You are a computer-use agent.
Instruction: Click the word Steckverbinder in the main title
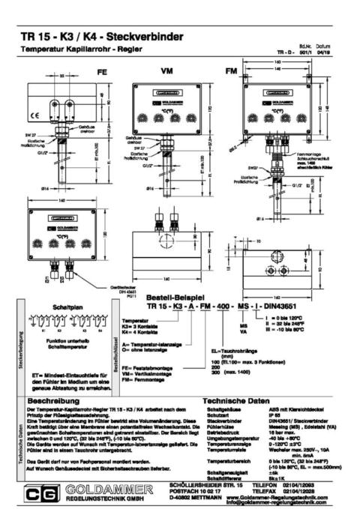coord(154,35)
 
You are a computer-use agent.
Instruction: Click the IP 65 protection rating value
coord(274,417)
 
